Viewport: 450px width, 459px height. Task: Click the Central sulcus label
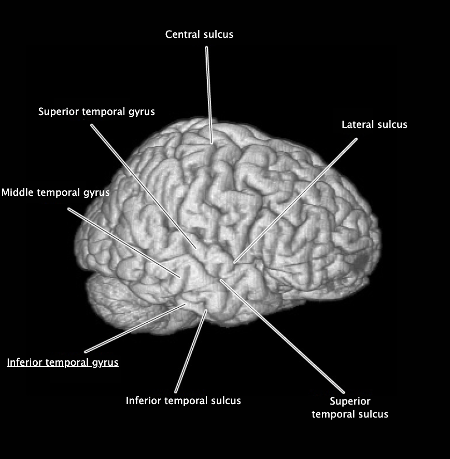pos(199,35)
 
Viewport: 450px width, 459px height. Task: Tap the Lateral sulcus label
pos(374,124)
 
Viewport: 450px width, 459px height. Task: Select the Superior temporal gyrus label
pos(96,111)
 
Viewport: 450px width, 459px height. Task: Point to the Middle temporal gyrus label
pos(55,193)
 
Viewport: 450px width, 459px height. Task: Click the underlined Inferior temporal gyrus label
pos(62,362)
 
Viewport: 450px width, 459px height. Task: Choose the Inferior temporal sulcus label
pos(183,400)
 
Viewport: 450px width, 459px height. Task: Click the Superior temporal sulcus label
pos(350,408)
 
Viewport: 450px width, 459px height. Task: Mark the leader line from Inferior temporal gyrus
pos(135,328)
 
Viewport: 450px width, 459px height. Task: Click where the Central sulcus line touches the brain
pos(212,141)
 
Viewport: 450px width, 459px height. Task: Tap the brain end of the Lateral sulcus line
pos(235,262)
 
